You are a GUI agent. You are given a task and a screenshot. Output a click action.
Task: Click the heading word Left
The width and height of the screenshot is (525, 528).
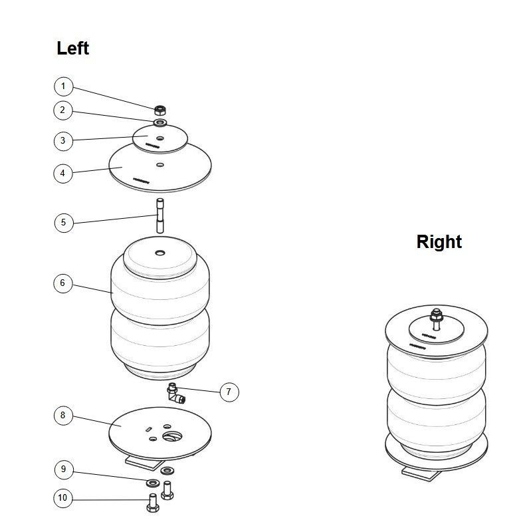tap(72, 49)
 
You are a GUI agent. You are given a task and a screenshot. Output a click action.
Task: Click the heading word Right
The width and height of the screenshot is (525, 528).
tap(439, 242)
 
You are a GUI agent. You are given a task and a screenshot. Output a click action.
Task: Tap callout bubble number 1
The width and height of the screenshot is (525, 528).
tap(63, 86)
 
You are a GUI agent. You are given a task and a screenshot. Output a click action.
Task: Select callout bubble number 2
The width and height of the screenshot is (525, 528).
tap(63, 110)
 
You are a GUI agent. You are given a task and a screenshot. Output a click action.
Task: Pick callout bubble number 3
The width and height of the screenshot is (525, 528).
tap(63, 140)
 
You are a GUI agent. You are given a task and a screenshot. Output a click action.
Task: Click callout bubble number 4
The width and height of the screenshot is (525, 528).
tap(63, 173)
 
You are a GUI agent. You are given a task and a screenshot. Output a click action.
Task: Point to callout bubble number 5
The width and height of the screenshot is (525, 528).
tap(63, 222)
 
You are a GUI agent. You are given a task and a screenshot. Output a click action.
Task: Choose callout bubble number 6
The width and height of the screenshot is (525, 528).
tap(63, 283)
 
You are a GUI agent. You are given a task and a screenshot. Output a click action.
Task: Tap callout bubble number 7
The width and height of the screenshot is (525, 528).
tap(228, 392)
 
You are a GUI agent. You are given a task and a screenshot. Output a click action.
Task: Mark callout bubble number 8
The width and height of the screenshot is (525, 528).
tap(63, 416)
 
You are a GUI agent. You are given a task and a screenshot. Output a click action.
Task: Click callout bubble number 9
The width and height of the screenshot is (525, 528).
tap(63, 469)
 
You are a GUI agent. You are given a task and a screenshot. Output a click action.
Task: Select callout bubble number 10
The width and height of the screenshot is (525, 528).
tap(63, 497)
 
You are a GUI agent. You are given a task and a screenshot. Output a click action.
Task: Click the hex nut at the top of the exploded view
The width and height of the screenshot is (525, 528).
tap(159, 110)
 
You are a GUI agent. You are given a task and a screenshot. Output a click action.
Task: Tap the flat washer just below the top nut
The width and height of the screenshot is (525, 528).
tap(159, 123)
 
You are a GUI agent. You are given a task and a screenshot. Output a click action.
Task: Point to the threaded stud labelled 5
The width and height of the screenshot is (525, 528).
tap(159, 215)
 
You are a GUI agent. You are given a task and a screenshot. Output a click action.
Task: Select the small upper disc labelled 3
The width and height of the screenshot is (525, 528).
tap(159, 138)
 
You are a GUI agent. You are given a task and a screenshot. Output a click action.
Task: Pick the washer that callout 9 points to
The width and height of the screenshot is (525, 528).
tap(152, 481)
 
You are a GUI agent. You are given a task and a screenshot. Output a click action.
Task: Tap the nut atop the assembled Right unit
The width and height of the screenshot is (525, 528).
tap(436, 315)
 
